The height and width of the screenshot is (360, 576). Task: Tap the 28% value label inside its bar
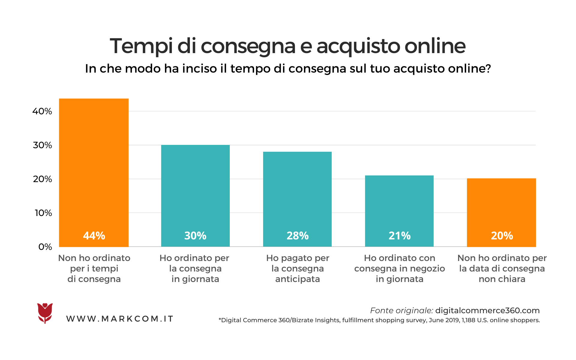tap(297, 236)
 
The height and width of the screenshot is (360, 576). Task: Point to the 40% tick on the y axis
tap(42, 111)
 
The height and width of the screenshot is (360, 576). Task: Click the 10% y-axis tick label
tap(43, 213)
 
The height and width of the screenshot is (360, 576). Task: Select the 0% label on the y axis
tap(45, 247)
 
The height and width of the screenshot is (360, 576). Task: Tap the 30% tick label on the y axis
tap(42, 145)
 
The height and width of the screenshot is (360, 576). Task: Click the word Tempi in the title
tap(141, 46)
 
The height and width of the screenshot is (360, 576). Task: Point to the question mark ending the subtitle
tap(488, 69)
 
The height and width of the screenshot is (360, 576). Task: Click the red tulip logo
tap(45, 313)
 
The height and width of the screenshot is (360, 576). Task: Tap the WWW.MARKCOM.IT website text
tap(120, 319)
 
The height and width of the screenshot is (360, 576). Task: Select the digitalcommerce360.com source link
tap(487, 310)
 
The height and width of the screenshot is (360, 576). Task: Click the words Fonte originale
tap(401, 310)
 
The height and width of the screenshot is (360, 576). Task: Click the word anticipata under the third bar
tap(297, 279)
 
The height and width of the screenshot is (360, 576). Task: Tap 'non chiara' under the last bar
tap(502, 279)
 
